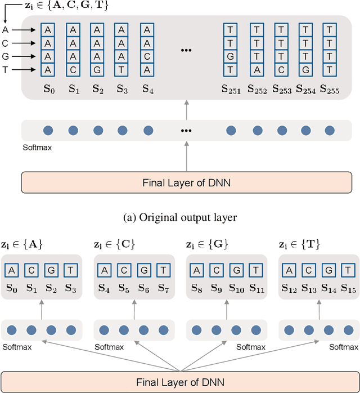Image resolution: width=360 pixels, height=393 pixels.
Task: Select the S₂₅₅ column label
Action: [330, 89]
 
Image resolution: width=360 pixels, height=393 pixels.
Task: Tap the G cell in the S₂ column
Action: [97, 70]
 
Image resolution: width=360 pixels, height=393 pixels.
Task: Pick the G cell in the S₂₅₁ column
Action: [230, 56]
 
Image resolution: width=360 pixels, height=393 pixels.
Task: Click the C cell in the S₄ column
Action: [147, 56]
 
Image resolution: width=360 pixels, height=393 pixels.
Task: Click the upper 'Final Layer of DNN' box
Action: [186, 182]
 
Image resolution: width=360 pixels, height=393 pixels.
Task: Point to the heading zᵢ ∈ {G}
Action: [207, 245]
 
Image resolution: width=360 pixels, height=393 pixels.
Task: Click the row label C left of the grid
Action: [6, 43]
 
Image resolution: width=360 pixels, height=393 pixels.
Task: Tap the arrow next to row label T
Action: [25, 70]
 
